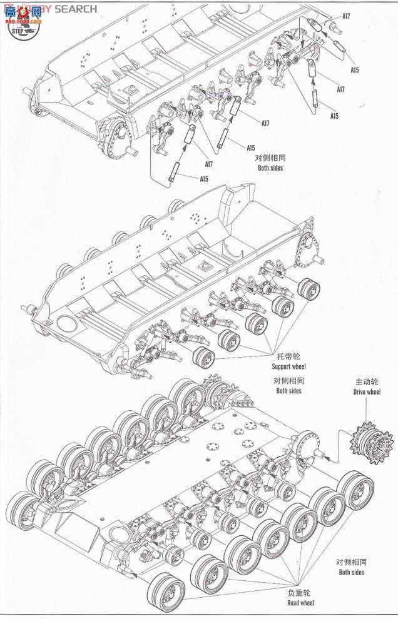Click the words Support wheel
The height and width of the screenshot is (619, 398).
pyautogui.click(x=288, y=366)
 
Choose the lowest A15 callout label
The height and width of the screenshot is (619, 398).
pyautogui.click(x=204, y=179)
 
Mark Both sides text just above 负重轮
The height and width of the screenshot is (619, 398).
pyautogui.click(x=350, y=572)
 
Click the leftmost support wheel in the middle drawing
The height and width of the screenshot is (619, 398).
pyautogui.click(x=202, y=359)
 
